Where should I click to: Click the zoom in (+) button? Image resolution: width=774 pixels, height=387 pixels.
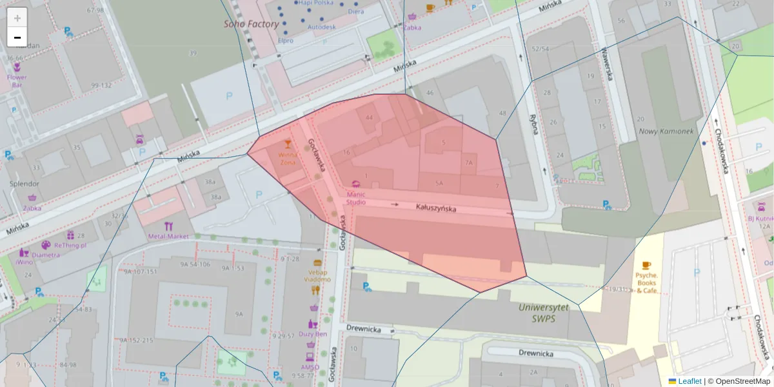coord(17,18)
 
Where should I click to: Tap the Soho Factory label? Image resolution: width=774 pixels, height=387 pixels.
coord(252,24)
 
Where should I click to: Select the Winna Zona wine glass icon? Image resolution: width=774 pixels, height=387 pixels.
coord(288,144)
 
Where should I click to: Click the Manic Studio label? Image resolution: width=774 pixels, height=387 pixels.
coord(356,198)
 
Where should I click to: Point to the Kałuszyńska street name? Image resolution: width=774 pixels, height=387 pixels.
coord(436,208)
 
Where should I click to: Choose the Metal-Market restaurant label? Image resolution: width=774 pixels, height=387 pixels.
coord(168,236)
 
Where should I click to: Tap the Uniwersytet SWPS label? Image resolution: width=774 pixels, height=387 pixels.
coord(544,313)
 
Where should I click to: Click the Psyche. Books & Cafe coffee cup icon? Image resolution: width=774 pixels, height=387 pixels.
coord(646,265)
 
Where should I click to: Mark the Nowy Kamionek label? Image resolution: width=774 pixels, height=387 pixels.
coord(665,132)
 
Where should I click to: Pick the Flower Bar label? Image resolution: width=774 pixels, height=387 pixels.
coord(17,81)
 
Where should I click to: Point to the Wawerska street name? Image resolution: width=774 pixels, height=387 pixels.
coord(606,64)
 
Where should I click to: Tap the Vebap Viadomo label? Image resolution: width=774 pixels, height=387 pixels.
coord(317,276)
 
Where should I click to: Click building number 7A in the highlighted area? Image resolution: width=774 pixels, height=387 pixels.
coord(469,164)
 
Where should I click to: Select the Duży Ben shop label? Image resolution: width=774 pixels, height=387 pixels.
coord(313,334)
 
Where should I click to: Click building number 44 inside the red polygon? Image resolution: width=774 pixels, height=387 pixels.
coord(369,118)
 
